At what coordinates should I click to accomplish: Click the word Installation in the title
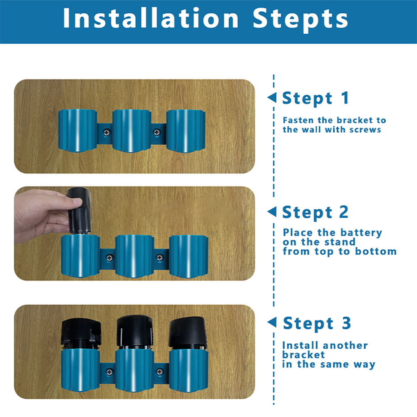point(151,18)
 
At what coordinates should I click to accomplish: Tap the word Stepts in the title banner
point(300,20)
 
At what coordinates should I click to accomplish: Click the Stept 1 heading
point(315,98)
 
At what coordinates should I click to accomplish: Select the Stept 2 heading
point(315,212)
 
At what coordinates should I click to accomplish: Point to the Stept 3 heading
point(317,323)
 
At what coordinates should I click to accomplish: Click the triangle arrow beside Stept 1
point(272,98)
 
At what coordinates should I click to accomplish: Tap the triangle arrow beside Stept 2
point(272,212)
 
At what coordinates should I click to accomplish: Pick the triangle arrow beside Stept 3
point(272,323)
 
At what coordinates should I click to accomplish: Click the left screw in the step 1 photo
point(107,132)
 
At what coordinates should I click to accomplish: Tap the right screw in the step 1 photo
point(157,132)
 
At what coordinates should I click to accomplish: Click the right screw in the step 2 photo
point(159,257)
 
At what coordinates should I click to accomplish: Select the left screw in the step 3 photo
point(109,372)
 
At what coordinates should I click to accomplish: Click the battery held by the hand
point(79,211)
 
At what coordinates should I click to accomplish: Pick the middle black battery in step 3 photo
point(134,333)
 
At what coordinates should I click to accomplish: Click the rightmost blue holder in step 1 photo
point(186,131)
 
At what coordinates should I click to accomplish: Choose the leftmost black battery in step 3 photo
point(81,334)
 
